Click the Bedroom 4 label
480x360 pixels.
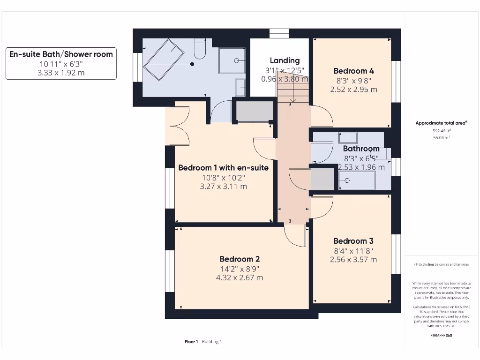click(x=353, y=71)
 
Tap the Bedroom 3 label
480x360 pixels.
click(x=353, y=241)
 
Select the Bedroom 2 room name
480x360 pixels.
click(x=240, y=259)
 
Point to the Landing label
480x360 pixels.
click(x=285, y=60)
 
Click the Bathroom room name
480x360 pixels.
click(x=361, y=149)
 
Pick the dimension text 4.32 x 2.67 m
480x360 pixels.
click(x=240, y=277)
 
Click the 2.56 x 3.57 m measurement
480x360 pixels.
click(x=353, y=259)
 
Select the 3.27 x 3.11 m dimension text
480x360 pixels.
click(x=223, y=186)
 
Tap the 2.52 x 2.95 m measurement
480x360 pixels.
click(x=353, y=89)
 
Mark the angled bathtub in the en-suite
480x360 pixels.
click(x=163, y=60)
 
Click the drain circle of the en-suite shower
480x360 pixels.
click(x=237, y=60)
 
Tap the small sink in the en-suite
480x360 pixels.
click(x=240, y=87)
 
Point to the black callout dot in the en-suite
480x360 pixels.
click(x=192, y=64)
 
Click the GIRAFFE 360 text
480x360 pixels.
click(x=441, y=336)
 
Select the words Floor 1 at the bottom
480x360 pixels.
click(x=191, y=342)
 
